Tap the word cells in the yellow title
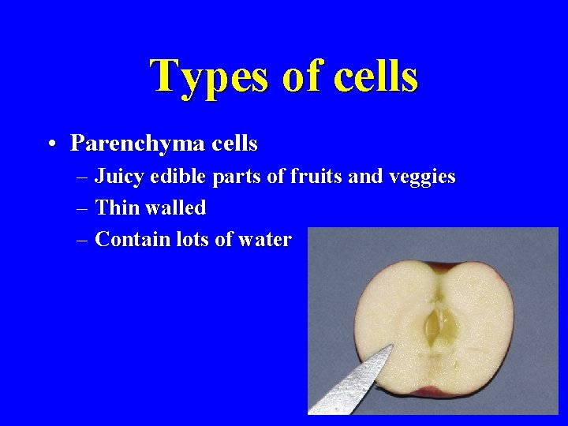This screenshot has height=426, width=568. pyautogui.click(x=376, y=77)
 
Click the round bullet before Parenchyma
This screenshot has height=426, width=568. pyautogui.click(x=51, y=144)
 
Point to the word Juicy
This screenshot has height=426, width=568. pyautogui.click(x=119, y=177)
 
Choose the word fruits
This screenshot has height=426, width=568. pyautogui.click(x=314, y=177)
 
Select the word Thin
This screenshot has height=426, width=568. pyautogui.click(x=115, y=208)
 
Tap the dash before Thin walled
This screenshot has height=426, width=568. pyautogui.click(x=84, y=209)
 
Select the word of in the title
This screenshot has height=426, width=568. pyautogui.click(x=300, y=77)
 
